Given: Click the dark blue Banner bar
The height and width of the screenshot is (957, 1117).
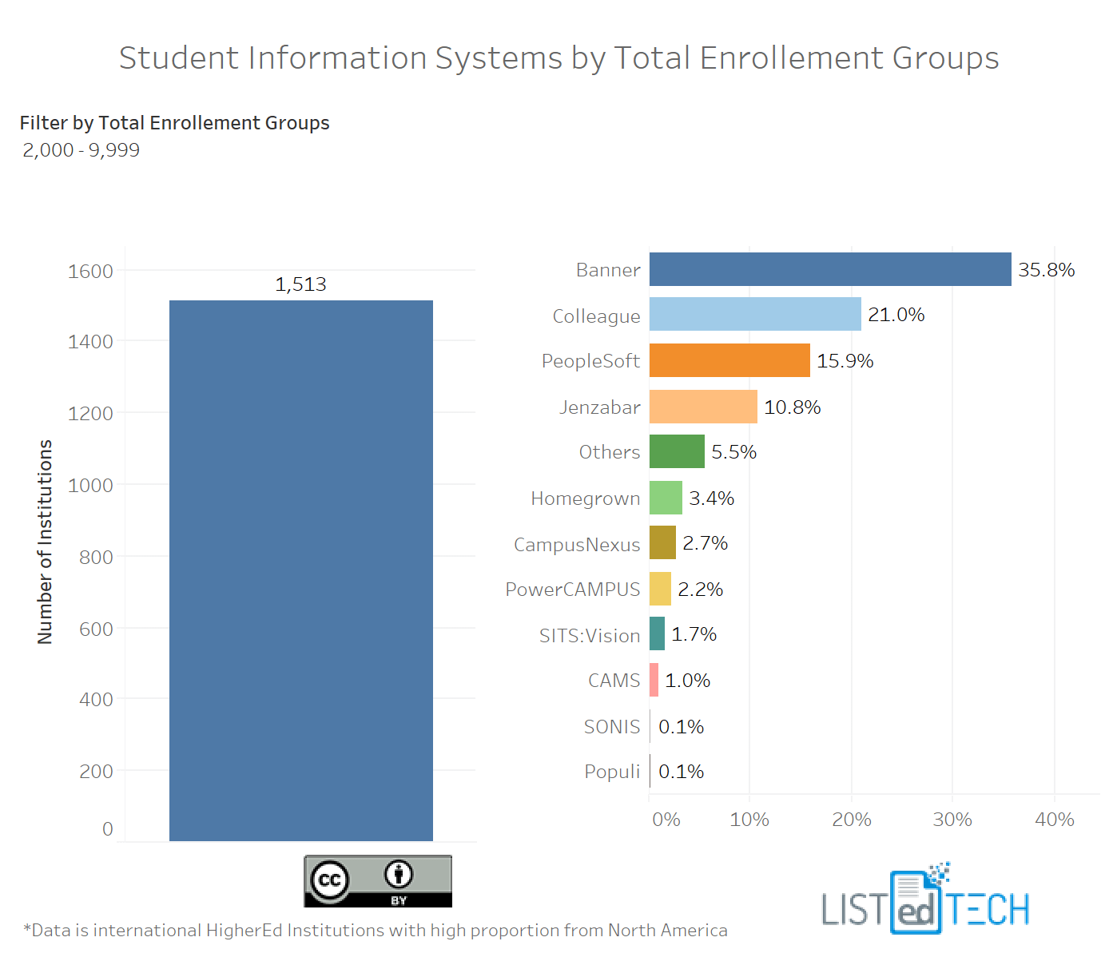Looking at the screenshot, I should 829,269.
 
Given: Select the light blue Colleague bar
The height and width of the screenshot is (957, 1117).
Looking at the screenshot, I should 755,314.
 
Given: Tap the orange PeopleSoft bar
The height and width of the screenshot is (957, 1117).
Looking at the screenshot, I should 729,360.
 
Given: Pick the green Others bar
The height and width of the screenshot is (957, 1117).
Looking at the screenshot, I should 677,451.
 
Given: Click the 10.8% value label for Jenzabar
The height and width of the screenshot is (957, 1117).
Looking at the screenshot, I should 792,407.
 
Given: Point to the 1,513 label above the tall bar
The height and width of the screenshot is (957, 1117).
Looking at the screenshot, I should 300,284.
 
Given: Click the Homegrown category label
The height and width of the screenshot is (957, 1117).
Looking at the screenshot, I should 585,498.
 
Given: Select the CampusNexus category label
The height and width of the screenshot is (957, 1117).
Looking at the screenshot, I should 576,545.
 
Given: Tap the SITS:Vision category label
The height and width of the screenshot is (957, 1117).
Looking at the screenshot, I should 589,636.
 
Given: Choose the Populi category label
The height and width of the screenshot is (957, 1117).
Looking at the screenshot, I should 611,772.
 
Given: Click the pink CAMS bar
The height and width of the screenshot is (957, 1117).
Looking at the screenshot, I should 654,680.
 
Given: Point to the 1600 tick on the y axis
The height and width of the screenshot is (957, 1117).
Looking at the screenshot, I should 90,272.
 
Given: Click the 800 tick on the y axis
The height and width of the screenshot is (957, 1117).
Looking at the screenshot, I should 96,557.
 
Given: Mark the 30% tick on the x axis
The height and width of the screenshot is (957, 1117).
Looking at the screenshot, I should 952,820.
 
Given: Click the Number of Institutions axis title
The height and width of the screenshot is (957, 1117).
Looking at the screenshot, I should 45,542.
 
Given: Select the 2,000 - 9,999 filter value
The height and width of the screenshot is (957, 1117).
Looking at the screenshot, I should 81,150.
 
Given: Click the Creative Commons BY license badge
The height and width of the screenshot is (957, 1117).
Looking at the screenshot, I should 378,881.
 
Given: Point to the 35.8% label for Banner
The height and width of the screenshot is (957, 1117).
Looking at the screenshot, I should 1046,270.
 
